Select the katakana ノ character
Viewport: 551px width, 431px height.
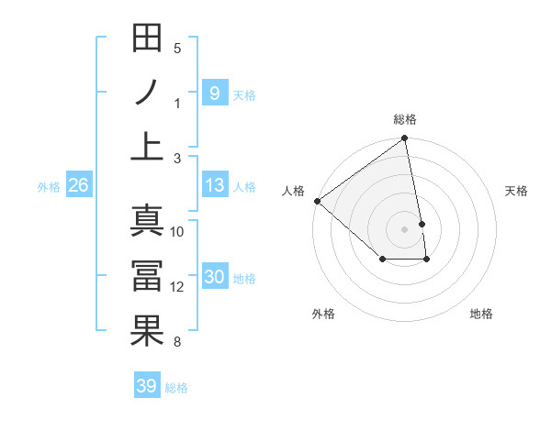coord(147,93)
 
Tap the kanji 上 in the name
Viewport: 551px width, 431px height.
coord(147,147)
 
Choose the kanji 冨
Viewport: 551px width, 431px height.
coord(147,276)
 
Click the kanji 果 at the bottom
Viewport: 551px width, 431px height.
coord(147,331)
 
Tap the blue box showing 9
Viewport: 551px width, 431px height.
coord(214,93)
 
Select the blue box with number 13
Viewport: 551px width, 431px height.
coord(214,185)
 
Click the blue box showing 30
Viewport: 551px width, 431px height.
coord(214,277)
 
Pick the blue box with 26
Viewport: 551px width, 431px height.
coord(78,185)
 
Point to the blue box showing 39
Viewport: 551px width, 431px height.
coord(146,386)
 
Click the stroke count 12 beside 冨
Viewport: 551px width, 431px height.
coord(177,287)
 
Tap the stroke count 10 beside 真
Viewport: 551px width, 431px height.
coord(177,232)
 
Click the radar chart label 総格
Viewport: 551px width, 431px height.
coord(405,119)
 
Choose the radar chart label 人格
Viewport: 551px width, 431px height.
coord(293,190)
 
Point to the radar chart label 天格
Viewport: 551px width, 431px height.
coord(516,191)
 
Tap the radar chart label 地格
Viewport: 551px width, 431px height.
coord(481,314)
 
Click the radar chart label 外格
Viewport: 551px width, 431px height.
coord(323,314)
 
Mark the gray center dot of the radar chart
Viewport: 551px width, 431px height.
coord(404,228)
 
